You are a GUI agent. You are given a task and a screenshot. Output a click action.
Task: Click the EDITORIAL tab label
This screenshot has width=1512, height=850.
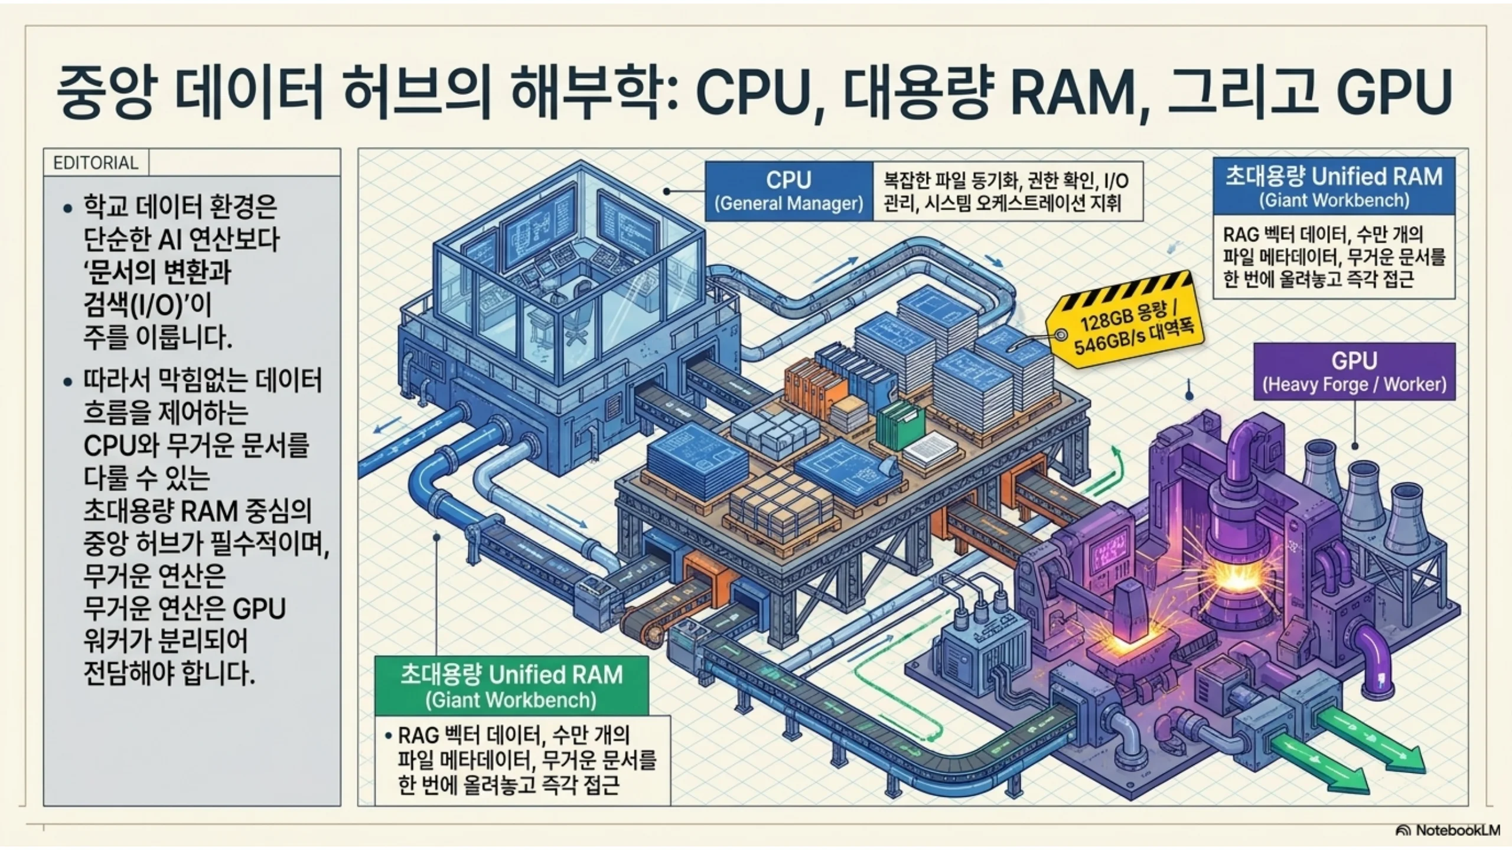(96, 162)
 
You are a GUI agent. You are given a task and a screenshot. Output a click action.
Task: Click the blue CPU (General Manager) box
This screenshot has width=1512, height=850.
(789, 191)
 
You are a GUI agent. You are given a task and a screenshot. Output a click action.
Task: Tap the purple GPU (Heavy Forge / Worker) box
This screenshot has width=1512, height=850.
(1354, 372)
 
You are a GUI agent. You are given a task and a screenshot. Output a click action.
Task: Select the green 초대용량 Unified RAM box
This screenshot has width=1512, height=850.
(511, 686)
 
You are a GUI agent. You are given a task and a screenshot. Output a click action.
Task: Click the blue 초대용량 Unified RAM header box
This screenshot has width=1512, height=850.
(1334, 186)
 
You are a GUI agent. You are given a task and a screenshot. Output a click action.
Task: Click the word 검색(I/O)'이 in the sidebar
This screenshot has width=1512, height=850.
(148, 305)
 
